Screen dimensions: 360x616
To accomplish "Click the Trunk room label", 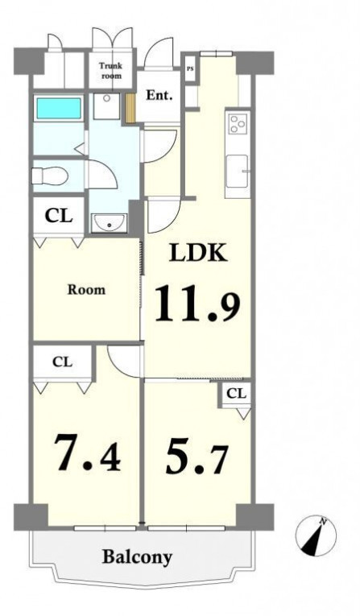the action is coord(112,71).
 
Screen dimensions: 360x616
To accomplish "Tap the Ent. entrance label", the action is coord(159,96).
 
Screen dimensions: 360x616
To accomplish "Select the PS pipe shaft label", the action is coord(190,68).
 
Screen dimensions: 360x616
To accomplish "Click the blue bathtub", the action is coord(59,108).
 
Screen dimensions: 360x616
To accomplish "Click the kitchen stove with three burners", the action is coord(238,124).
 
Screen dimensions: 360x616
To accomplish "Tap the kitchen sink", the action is coord(237,171).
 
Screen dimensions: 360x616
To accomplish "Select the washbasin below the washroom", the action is coord(109,224).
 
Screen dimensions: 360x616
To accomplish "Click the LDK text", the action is coord(198,254).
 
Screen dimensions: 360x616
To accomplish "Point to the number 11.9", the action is coord(197,304).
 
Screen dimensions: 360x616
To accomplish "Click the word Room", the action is coord(86,290).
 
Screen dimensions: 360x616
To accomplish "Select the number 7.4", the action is coord(87,453).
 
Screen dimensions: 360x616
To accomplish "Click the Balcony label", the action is coord(137,557).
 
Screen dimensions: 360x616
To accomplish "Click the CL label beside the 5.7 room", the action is coord(237,393).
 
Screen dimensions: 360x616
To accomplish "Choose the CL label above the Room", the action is coord(59,216).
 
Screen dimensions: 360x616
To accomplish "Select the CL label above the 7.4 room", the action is coord(63,362).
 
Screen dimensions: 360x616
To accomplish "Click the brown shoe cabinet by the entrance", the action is coord(130,107).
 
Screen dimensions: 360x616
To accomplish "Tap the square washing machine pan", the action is coord(106,106).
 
